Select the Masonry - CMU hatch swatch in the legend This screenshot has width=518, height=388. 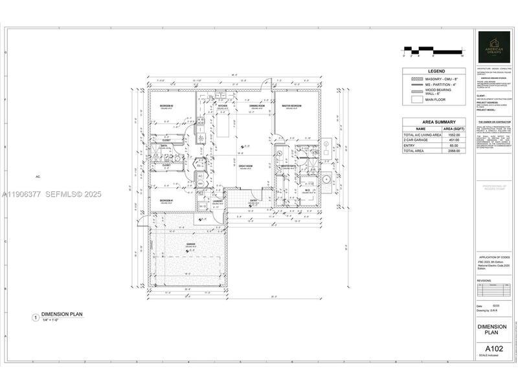416,79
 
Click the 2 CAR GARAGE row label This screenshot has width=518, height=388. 417,140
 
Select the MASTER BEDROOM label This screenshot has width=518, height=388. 293,105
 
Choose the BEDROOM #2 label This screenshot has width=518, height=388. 167,105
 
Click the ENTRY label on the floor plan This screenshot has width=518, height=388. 254,201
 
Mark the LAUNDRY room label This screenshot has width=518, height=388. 218,201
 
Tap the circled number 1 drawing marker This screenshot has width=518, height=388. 35,317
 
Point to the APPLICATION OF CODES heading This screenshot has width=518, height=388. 496,257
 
